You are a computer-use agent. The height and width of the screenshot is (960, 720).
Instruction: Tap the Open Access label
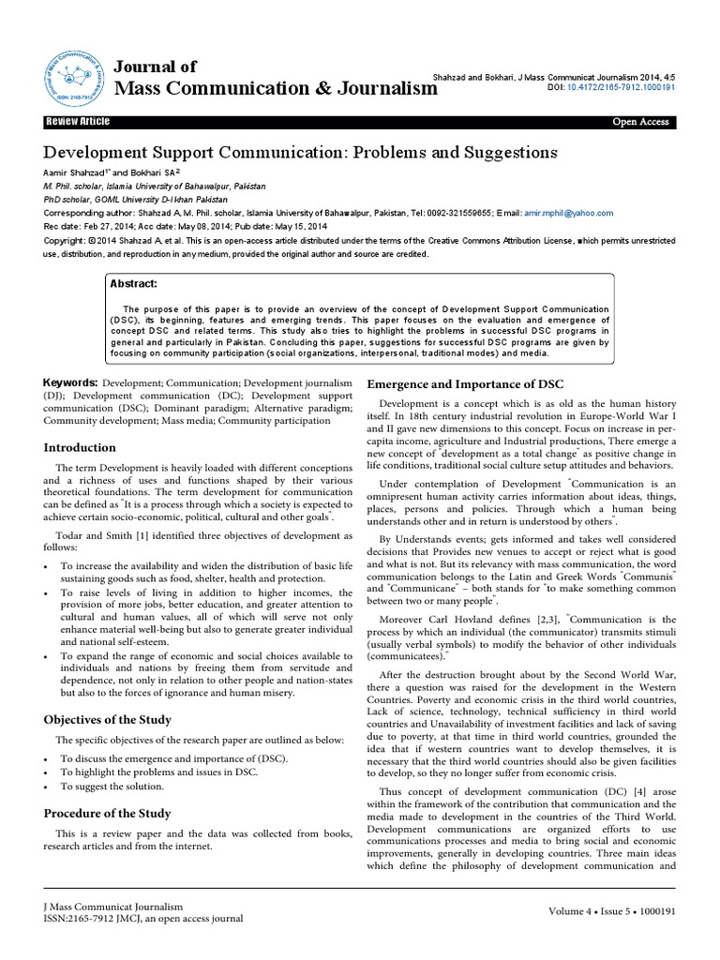click(640, 122)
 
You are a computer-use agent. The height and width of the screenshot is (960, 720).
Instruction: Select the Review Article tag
click(79, 122)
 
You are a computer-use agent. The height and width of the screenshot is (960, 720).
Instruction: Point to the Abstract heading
click(135, 284)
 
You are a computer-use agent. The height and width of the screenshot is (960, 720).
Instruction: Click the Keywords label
click(70, 383)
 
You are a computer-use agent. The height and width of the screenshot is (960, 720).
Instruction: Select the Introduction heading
click(80, 447)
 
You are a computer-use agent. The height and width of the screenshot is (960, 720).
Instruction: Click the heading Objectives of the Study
click(108, 719)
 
